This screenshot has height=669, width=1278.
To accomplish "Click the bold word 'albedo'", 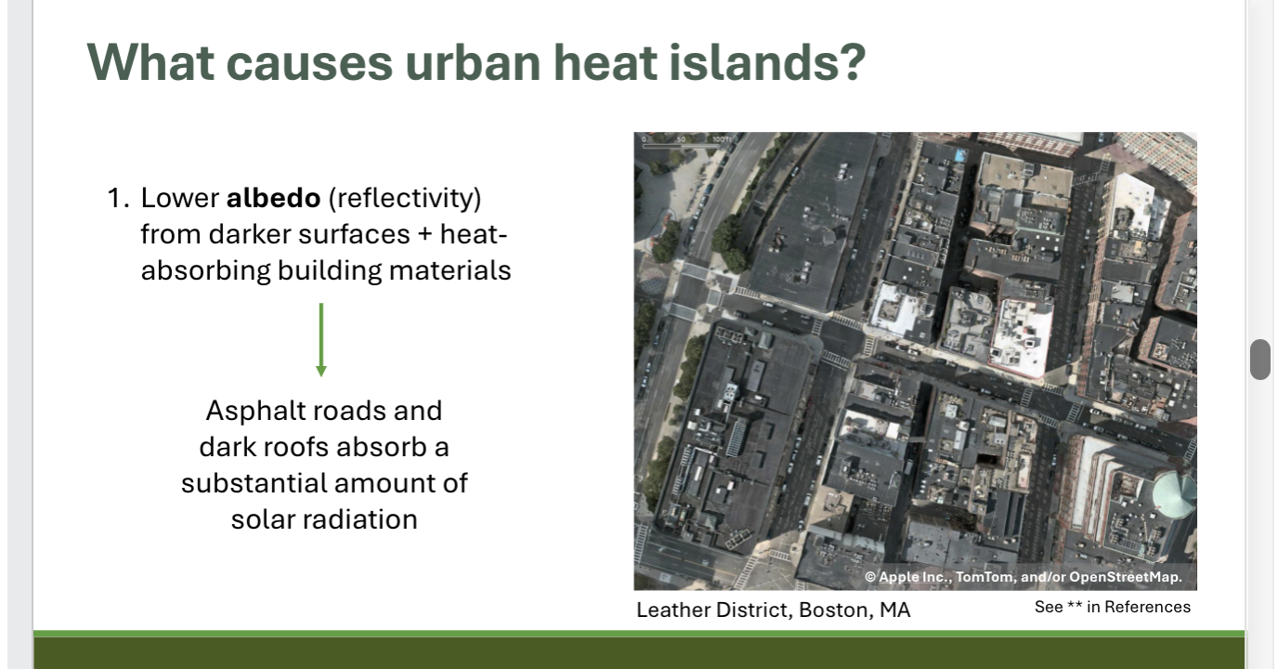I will tap(273, 198).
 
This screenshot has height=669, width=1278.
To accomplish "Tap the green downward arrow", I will tap(321, 340).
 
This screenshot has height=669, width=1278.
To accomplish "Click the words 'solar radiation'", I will tap(324, 518).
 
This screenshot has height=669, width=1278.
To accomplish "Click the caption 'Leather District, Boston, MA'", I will tap(773, 610).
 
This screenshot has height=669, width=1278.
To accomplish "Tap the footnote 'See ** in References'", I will tap(1112, 607).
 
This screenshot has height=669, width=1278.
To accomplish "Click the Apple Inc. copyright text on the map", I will tap(1023, 577).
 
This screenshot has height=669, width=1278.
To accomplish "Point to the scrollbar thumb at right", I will tap(1259, 360).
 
